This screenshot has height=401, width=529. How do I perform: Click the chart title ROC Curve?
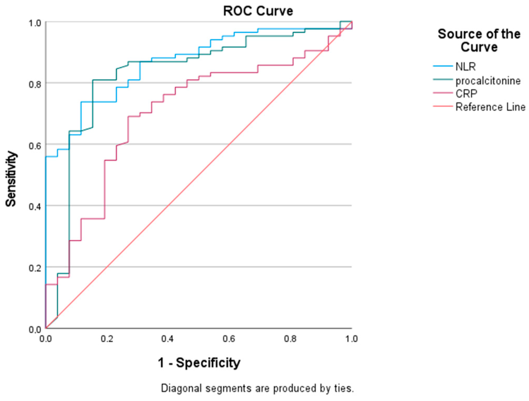[258, 11]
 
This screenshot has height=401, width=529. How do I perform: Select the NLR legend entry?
[465, 67]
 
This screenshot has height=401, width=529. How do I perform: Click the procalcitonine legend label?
[488, 81]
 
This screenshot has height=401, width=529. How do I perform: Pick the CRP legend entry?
[466, 94]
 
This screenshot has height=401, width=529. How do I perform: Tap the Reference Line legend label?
[490, 107]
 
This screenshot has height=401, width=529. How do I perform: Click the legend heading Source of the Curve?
[479, 41]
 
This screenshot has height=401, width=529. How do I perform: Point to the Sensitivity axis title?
[11, 179]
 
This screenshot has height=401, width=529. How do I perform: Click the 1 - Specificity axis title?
[199, 363]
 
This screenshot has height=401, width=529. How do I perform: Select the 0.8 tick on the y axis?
[35, 84]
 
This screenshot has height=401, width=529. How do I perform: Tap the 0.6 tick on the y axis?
[35, 146]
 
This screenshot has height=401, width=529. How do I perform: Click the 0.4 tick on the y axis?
[35, 207]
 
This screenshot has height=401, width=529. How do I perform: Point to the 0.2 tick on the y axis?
[35, 268]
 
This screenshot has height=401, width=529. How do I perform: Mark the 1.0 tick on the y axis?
[35, 23]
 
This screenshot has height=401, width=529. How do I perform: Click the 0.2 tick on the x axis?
[107, 339]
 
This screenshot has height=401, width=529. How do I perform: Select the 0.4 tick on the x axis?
[167, 339]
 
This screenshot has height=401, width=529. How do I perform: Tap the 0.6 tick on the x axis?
[229, 339]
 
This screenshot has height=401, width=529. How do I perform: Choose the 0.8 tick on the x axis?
[290, 339]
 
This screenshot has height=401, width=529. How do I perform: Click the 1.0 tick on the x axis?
[351, 339]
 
